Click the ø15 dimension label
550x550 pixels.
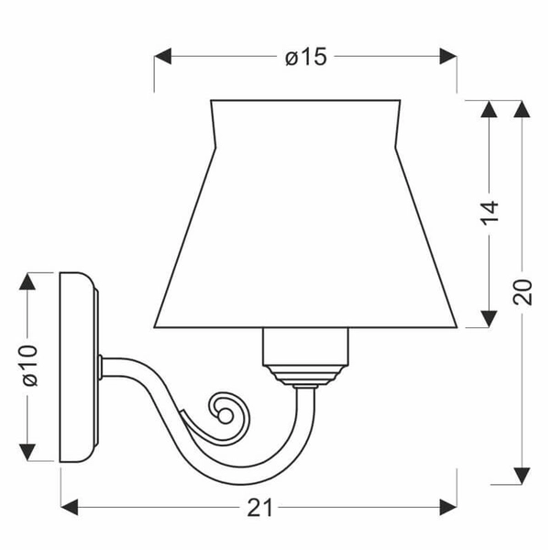pyautogui.click(x=306, y=57)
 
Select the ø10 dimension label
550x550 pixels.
pyautogui.click(x=30, y=366)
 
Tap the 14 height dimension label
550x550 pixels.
pyautogui.click(x=489, y=213)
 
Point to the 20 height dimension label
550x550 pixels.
pyautogui.click(x=522, y=292)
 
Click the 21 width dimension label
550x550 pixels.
pyautogui.click(x=259, y=508)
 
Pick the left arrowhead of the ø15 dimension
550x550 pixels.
pyautogui.click(x=163, y=56)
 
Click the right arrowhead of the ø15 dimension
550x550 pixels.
pyautogui.click(x=448, y=56)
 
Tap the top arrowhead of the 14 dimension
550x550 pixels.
pyautogui.click(x=489, y=109)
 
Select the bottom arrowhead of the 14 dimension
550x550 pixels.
pyautogui.click(x=489, y=319)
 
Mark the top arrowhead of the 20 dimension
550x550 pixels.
pyautogui.click(x=522, y=109)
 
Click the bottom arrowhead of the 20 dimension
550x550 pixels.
pyautogui.click(x=522, y=476)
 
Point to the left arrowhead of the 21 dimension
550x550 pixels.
pyautogui.click(x=70, y=507)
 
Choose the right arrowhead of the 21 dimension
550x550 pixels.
pyautogui.click(x=448, y=507)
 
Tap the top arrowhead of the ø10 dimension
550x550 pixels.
pyautogui.click(x=27, y=281)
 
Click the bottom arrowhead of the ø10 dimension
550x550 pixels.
pyautogui.click(x=27, y=453)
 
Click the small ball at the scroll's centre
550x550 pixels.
pyautogui.click(x=225, y=416)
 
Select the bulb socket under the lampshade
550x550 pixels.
pyautogui.click(x=305, y=346)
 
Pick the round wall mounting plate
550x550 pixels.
pyautogui.click(x=79, y=367)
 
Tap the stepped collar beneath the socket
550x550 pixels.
pyautogui.click(x=305, y=375)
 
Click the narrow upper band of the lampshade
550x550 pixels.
pyautogui.click(x=305, y=123)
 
